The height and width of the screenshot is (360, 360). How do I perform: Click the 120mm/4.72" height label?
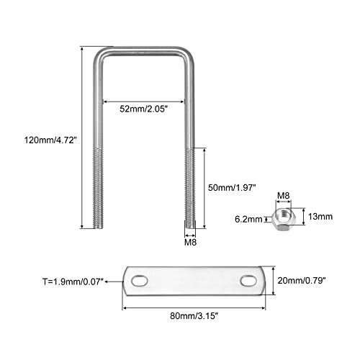point(50,140)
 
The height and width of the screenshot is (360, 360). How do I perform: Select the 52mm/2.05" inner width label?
point(143,109)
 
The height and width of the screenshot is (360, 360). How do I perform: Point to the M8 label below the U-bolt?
point(190,243)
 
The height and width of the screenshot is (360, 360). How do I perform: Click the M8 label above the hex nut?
point(284,196)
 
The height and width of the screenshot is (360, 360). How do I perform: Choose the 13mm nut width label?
point(320,217)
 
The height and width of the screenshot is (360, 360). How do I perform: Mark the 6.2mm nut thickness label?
point(248,219)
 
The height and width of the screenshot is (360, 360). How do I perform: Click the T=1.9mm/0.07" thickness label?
point(73,282)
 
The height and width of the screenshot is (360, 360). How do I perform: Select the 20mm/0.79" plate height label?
point(302,280)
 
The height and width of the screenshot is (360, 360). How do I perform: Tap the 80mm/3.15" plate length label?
point(194,316)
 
